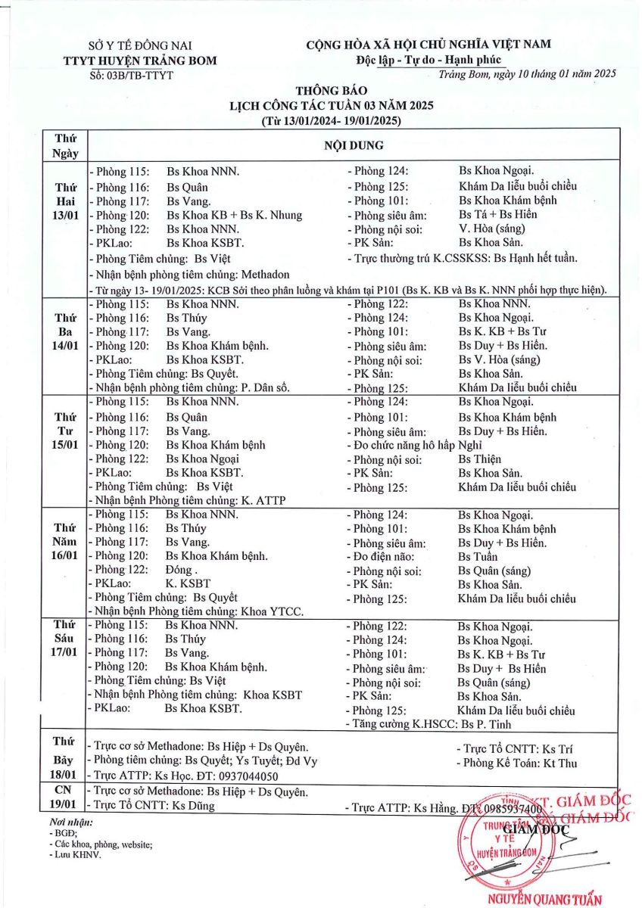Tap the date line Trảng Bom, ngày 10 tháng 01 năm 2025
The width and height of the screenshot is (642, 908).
(x=527, y=73)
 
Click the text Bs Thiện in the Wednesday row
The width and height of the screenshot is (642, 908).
(x=479, y=459)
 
